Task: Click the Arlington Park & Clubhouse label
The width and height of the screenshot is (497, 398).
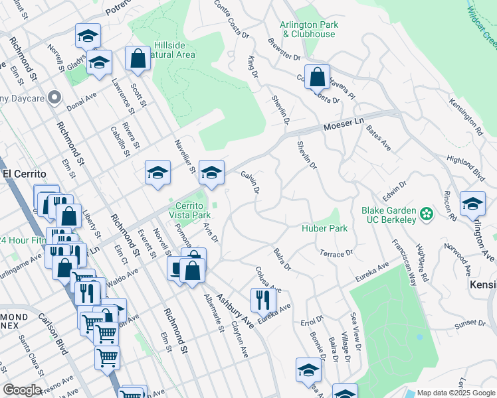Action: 309,29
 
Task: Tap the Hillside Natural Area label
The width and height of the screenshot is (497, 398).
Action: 174,50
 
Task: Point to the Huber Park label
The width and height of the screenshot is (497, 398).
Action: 324,228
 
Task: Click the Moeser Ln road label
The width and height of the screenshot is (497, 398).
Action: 344,124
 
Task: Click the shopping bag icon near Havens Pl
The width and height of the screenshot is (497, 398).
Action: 318,76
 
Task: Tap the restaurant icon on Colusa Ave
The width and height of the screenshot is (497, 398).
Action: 263,300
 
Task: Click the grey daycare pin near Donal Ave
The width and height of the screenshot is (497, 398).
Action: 54,98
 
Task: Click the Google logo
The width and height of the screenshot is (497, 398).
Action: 23,390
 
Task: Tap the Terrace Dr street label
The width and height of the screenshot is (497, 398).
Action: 336,254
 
